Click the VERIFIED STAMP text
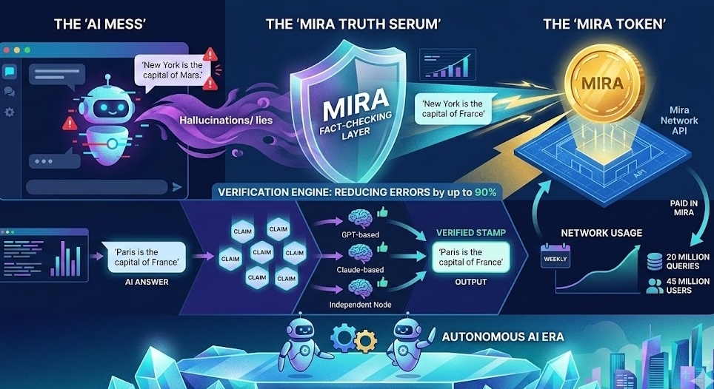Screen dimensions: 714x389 click(x=471, y=233)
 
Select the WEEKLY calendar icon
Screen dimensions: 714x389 click(x=555, y=258)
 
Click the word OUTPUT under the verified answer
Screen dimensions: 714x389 click(x=471, y=282)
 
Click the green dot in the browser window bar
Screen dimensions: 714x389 click(x=27, y=50)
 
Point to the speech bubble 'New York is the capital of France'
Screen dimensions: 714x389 click(x=453, y=109)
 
